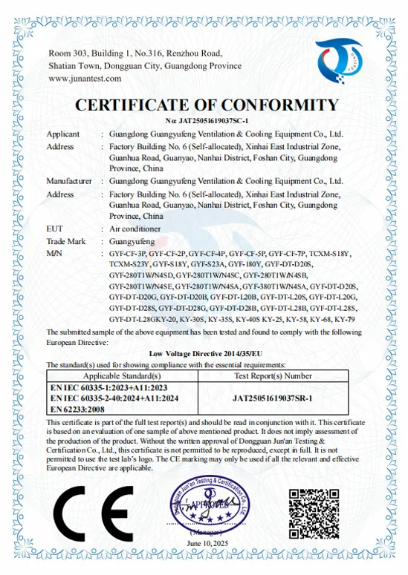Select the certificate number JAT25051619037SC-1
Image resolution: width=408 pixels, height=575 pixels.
pyautogui.click(x=205, y=120)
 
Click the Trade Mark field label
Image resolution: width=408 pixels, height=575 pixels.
pyautogui.click(x=66, y=241)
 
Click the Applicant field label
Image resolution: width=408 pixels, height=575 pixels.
pyautogui.click(x=64, y=135)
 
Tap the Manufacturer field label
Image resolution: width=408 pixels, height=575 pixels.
pyautogui.click(x=69, y=181)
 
